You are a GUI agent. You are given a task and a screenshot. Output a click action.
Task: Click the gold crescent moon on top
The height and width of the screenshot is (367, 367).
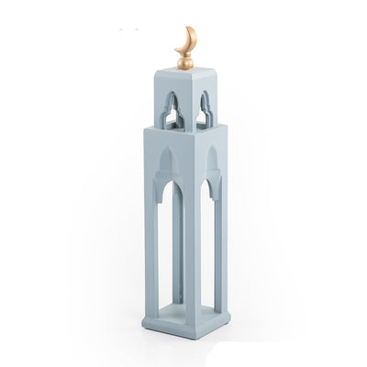(190, 41)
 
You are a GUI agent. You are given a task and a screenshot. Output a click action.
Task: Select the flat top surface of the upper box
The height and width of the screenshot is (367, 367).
(186, 72)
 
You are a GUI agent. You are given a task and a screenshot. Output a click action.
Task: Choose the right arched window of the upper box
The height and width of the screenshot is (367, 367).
(206, 107)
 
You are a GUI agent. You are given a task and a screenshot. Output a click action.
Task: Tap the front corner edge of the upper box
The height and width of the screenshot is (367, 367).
(192, 106)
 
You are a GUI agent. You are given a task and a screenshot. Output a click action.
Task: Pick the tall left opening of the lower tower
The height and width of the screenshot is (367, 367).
(168, 248)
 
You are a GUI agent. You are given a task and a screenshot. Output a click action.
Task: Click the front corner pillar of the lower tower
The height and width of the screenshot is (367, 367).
(192, 239)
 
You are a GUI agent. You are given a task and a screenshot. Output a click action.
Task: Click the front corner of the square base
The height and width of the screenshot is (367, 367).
(192, 334)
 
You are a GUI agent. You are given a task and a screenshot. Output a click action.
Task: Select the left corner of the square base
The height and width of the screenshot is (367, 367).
(143, 320)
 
